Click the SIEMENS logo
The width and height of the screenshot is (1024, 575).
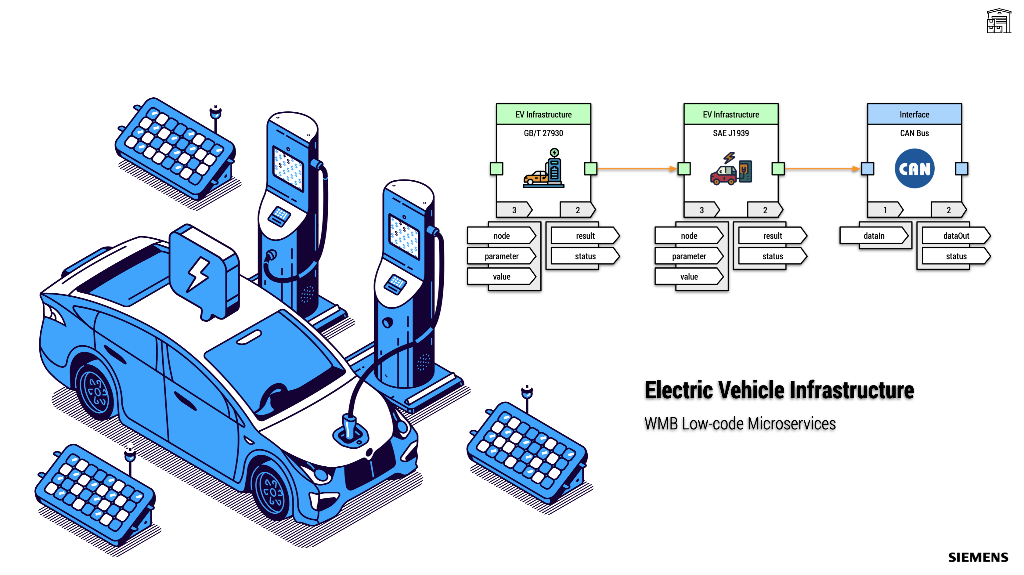[978, 557]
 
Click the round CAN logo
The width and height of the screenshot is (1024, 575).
[914, 168]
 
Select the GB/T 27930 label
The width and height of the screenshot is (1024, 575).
[543, 133]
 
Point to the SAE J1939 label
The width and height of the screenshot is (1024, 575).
[731, 133]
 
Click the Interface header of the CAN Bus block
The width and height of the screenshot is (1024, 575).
[914, 114]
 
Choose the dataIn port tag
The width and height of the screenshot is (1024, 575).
[874, 236]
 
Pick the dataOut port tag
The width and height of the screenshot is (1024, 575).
[956, 236]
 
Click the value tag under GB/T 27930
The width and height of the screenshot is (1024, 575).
[501, 277]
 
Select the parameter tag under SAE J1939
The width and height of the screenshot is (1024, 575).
[689, 256]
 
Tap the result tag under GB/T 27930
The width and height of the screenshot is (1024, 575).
[585, 236]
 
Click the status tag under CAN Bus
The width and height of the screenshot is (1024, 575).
[956, 256]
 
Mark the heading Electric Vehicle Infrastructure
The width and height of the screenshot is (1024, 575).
[779, 390]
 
